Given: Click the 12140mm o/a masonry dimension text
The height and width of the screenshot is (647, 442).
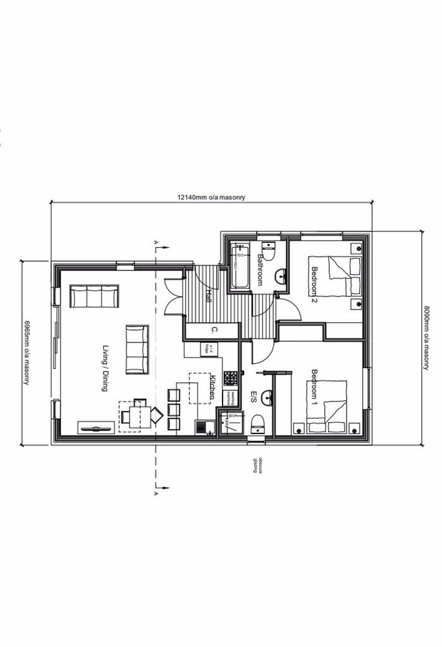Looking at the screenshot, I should [211, 197].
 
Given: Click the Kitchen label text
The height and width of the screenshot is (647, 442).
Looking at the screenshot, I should [213, 386].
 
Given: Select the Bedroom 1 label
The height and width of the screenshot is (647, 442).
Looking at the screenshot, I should [314, 390].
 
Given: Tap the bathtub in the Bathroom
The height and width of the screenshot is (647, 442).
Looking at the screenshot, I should [239, 265].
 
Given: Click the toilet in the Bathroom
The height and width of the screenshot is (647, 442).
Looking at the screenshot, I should [268, 252].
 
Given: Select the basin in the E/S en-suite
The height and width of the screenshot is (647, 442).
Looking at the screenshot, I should [266, 397].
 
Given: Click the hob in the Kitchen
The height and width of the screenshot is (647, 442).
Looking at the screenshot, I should [231, 378].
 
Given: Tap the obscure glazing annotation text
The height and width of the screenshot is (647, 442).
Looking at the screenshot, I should [257, 466].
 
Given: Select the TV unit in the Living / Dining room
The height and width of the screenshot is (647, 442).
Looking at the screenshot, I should [95, 428].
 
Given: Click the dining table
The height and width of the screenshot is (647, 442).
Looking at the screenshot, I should [139, 416].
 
